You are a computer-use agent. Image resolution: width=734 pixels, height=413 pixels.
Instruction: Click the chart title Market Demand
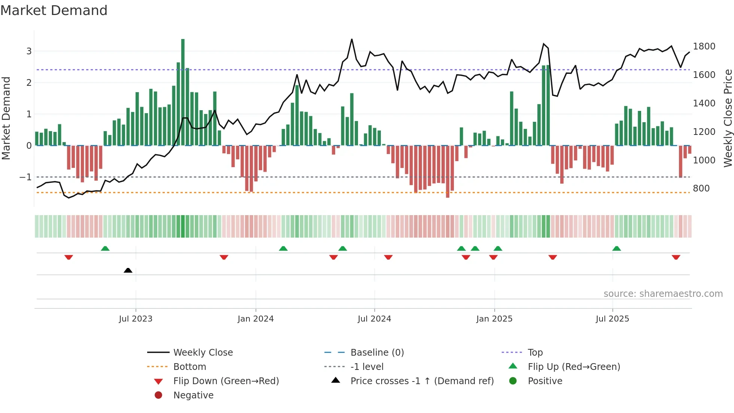[x=54, y=10]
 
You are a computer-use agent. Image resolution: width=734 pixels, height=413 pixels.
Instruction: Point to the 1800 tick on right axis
[x=704, y=46]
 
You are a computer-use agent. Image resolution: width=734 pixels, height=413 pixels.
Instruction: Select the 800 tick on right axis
[x=701, y=189]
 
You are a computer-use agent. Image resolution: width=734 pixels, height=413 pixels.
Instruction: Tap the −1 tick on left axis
[x=25, y=177]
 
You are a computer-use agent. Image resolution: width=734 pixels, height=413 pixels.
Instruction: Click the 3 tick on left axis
[x=29, y=51]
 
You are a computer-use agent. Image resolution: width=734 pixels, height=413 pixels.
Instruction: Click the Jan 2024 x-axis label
[x=255, y=319]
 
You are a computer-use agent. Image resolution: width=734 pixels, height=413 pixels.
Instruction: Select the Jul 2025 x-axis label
[x=612, y=319]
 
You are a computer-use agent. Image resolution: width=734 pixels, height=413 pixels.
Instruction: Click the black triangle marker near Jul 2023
[x=128, y=270]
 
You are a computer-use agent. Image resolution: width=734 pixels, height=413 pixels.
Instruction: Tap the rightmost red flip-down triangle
[x=676, y=257]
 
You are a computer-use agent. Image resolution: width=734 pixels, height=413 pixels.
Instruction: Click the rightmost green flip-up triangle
[x=616, y=248]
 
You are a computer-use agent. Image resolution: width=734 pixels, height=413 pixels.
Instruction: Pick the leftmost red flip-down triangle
[x=69, y=257]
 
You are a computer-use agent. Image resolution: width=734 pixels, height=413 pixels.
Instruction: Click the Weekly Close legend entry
[x=203, y=353]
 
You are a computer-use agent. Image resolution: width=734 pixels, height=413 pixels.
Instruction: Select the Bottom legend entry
[x=189, y=367]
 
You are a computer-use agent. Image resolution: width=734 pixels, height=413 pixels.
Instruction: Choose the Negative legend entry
[x=193, y=395]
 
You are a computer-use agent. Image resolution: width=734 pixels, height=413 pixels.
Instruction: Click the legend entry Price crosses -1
[x=422, y=381]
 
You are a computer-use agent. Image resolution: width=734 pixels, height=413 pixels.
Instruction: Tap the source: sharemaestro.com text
[x=663, y=294]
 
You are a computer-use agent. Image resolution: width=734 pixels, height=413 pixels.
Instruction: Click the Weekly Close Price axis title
[x=728, y=118]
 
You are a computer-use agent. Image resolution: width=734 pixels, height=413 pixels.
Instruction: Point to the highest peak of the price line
[x=352, y=39]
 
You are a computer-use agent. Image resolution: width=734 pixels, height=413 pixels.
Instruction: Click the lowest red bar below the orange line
[x=448, y=195]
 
